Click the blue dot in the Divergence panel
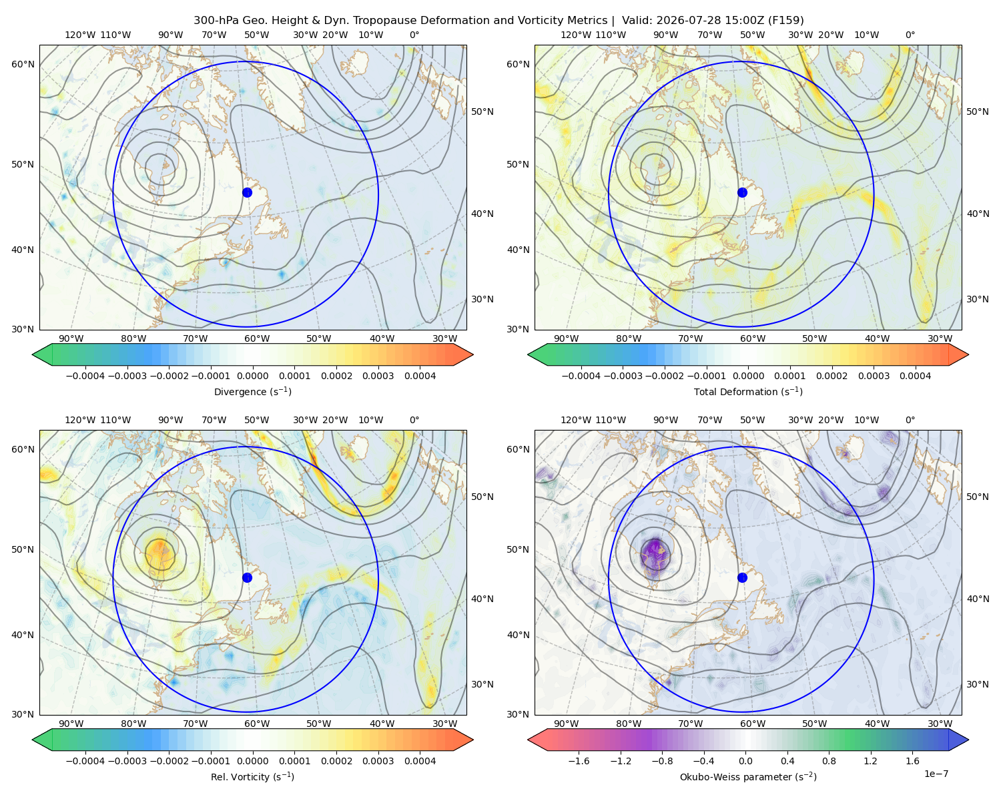click(x=247, y=192)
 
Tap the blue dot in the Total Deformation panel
click(x=742, y=192)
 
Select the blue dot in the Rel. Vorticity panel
click(x=247, y=577)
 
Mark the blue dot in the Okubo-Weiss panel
click(x=742, y=577)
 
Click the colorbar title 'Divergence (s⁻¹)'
click(x=252, y=391)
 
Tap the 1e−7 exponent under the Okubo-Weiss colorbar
click(x=936, y=774)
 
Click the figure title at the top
click(x=498, y=21)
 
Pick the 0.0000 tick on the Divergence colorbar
click(x=252, y=376)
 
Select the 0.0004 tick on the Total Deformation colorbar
click(x=915, y=376)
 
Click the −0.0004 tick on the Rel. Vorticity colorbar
click(x=85, y=761)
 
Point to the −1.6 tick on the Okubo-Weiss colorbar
click(x=579, y=761)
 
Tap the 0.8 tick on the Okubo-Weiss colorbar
click(x=829, y=761)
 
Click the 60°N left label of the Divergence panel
click(x=23, y=64)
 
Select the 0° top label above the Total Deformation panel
click(x=910, y=35)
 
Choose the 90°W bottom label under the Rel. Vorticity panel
click(x=71, y=724)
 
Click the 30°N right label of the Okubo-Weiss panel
click(x=978, y=684)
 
